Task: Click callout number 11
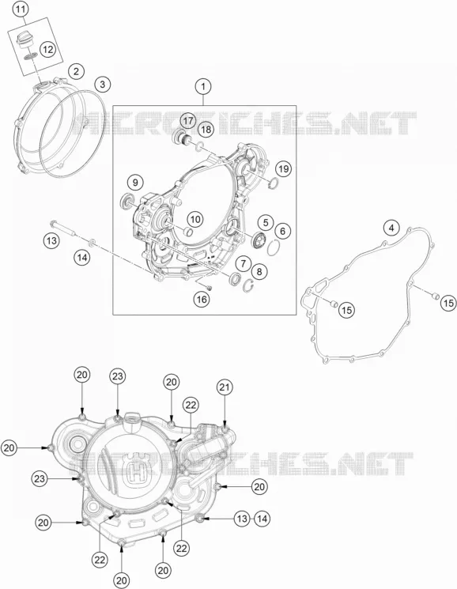(x=21, y=9)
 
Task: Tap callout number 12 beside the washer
(x=47, y=49)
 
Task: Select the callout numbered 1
(x=203, y=87)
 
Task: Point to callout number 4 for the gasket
(x=391, y=228)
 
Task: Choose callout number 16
(x=202, y=299)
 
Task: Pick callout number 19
(x=284, y=168)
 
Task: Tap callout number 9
(x=135, y=183)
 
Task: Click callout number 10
(x=195, y=219)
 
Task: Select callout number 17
(x=188, y=121)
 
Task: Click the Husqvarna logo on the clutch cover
(x=132, y=470)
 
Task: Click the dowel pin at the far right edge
(x=435, y=295)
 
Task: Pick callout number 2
(x=76, y=71)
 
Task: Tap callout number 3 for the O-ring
(x=103, y=84)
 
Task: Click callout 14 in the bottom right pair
(x=262, y=519)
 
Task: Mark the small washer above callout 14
(x=92, y=242)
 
